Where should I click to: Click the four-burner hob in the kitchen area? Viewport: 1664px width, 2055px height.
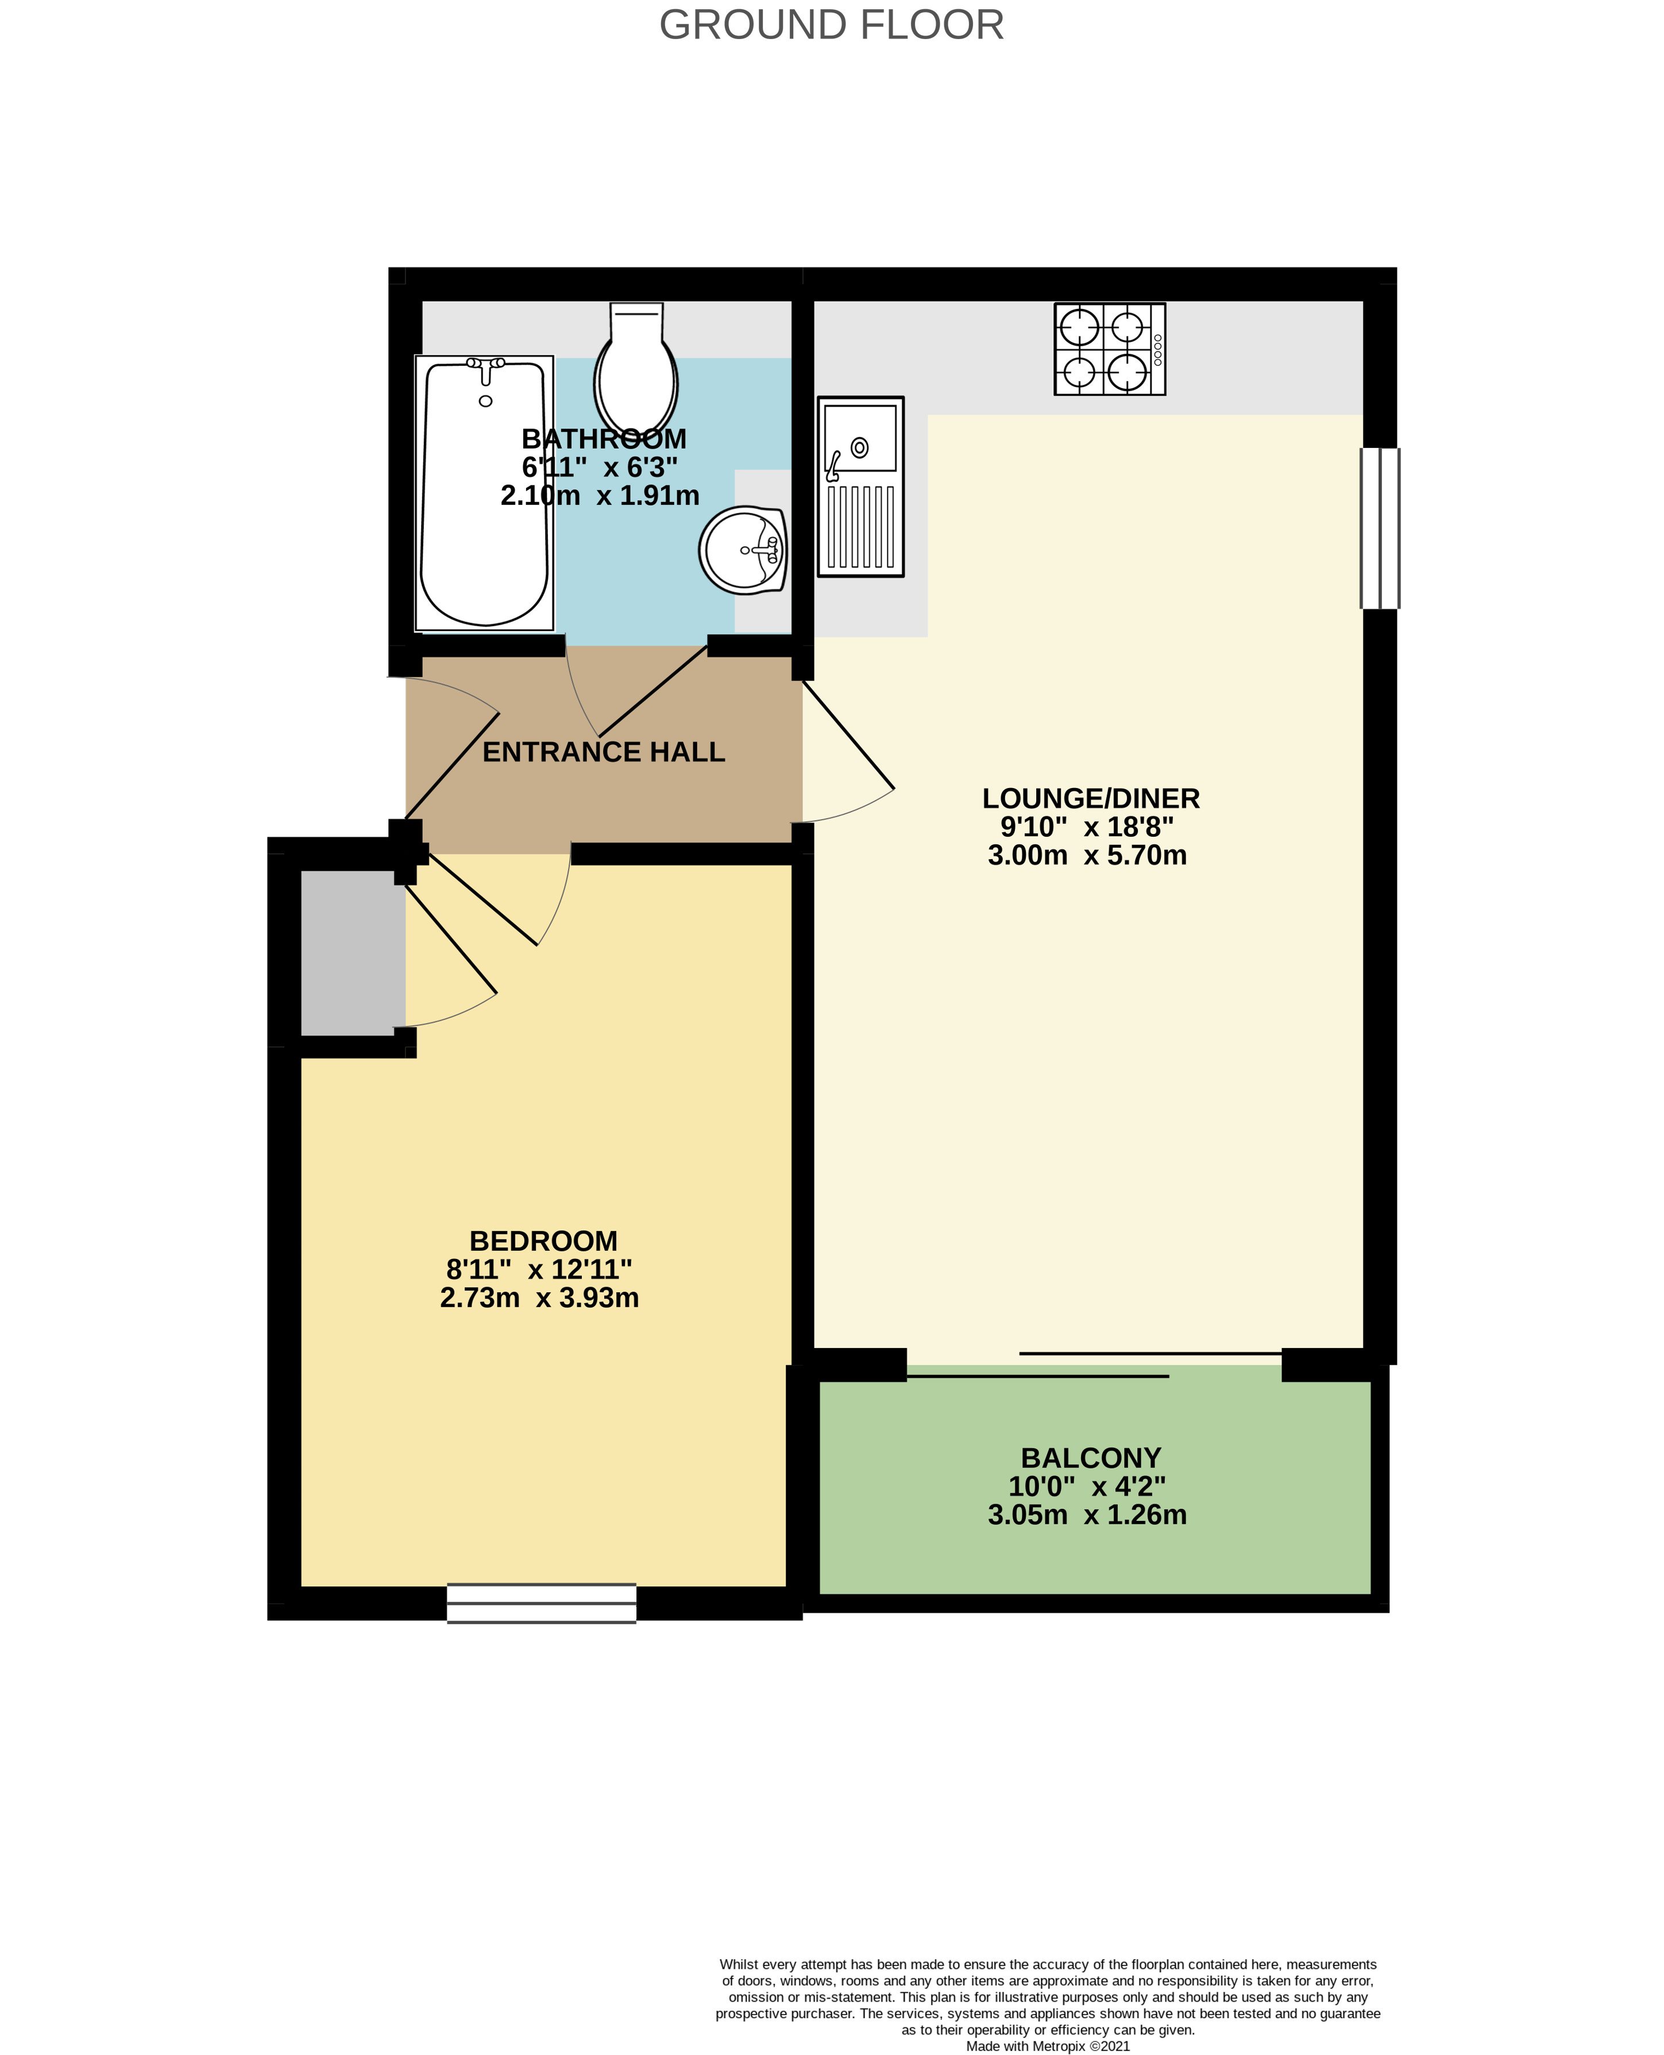(1109, 349)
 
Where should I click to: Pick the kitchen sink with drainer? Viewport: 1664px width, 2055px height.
(860, 487)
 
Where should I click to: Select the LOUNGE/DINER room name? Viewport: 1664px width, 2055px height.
(1091, 798)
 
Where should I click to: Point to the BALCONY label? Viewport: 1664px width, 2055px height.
(1091, 1458)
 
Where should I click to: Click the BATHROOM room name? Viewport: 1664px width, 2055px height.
(604, 439)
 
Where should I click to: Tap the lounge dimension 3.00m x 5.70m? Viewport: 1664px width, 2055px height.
(1087, 855)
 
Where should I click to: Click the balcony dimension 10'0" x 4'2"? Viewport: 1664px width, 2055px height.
(1087, 1486)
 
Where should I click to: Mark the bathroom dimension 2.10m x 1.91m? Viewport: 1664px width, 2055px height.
(600, 496)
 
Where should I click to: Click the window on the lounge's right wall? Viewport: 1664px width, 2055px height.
(1380, 528)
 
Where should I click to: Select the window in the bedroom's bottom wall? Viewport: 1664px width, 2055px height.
(542, 1602)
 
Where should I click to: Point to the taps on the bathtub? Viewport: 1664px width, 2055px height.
(486, 364)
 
